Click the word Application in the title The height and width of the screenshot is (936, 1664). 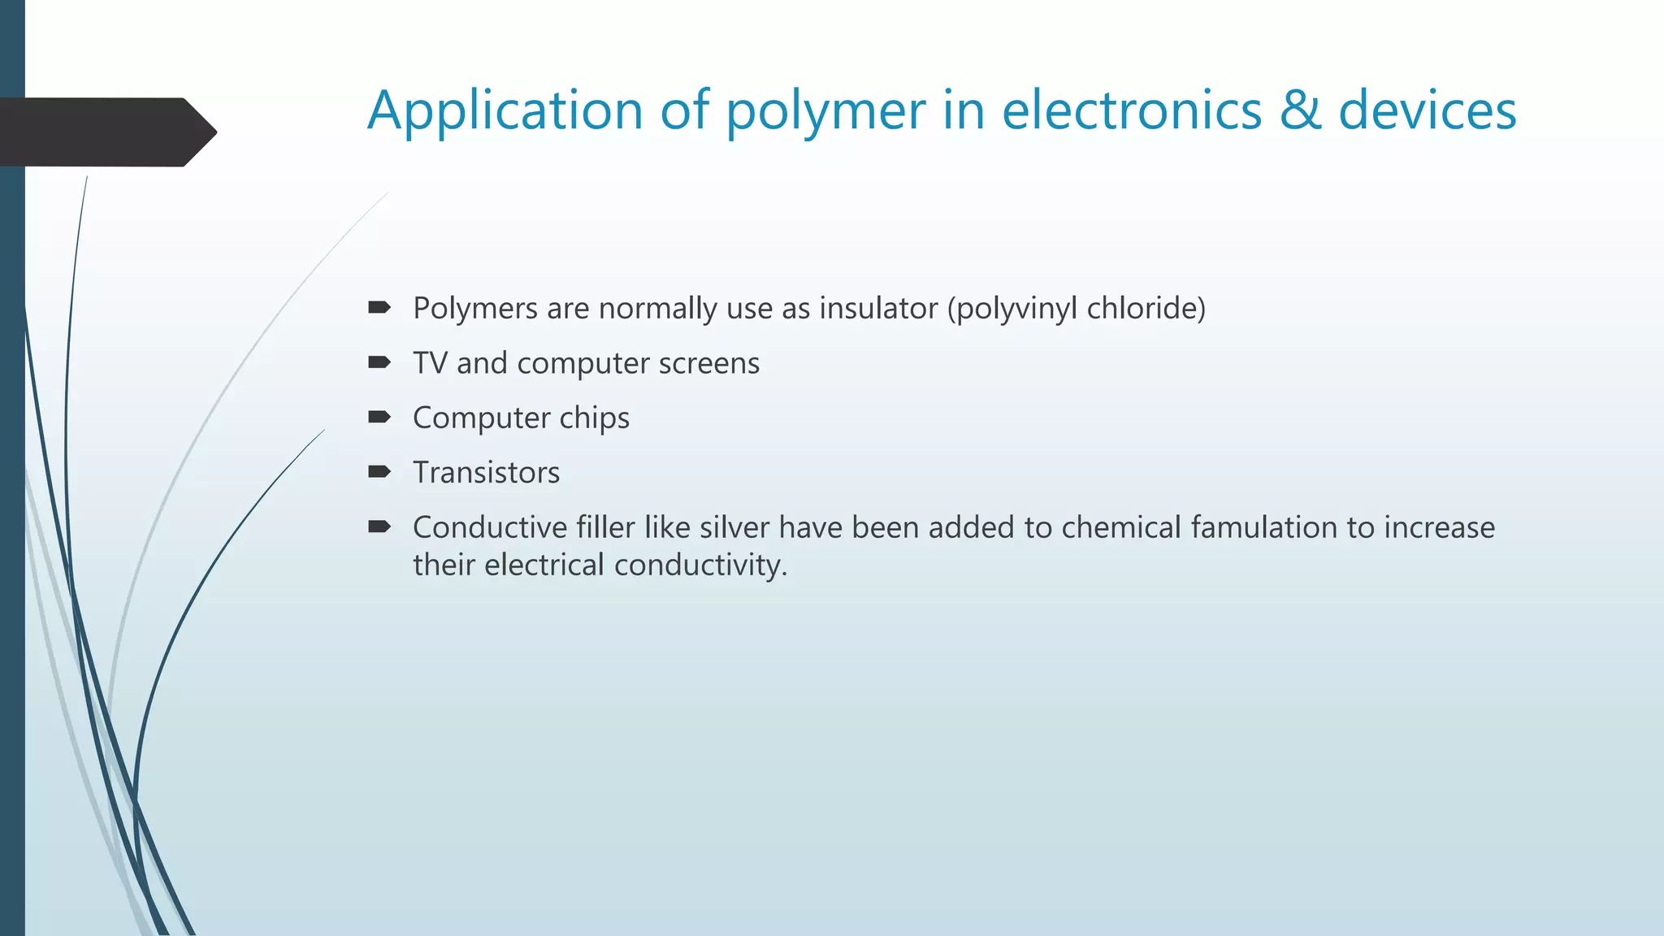[505, 110]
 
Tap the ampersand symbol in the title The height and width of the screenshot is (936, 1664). [1300, 110]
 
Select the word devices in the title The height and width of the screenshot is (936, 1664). [1428, 110]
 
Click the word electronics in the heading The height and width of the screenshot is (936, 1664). [1132, 110]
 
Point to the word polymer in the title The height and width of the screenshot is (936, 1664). [825, 112]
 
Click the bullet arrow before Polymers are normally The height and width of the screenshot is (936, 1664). [379, 307]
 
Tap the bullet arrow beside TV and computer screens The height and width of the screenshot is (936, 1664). [379, 362]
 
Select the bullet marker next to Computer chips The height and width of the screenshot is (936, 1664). [379, 417]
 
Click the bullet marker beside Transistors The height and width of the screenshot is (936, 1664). [379, 471]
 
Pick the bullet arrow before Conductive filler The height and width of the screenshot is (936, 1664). [379, 526]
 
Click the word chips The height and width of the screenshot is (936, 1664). [594, 418]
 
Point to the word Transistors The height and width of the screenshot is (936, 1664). [486, 473]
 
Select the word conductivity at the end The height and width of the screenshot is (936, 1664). [700, 565]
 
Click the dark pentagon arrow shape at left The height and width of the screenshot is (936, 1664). [106, 132]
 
